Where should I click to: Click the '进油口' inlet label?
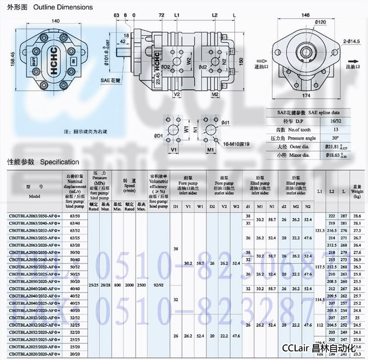[263, 66]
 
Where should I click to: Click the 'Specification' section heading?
[59, 162]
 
